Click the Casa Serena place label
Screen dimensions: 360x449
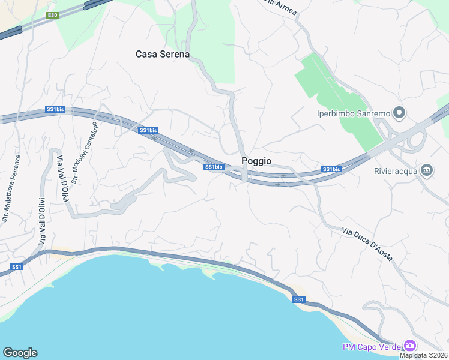(x=163, y=54)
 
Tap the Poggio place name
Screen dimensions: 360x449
(x=256, y=161)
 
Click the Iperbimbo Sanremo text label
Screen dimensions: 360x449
(x=354, y=113)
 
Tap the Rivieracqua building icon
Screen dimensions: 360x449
(x=427, y=171)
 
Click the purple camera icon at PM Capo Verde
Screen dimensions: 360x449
(x=410, y=346)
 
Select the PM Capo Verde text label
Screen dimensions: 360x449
(x=372, y=346)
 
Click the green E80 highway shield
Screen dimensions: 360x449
(x=53, y=15)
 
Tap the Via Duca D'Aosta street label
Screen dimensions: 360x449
(x=367, y=244)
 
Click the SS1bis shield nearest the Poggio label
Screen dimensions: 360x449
(x=214, y=167)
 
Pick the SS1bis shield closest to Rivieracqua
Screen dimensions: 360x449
(x=331, y=169)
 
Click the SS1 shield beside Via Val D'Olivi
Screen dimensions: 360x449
(x=17, y=266)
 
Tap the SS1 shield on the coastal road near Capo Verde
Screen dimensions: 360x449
(x=299, y=299)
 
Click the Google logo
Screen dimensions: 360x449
(x=20, y=353)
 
